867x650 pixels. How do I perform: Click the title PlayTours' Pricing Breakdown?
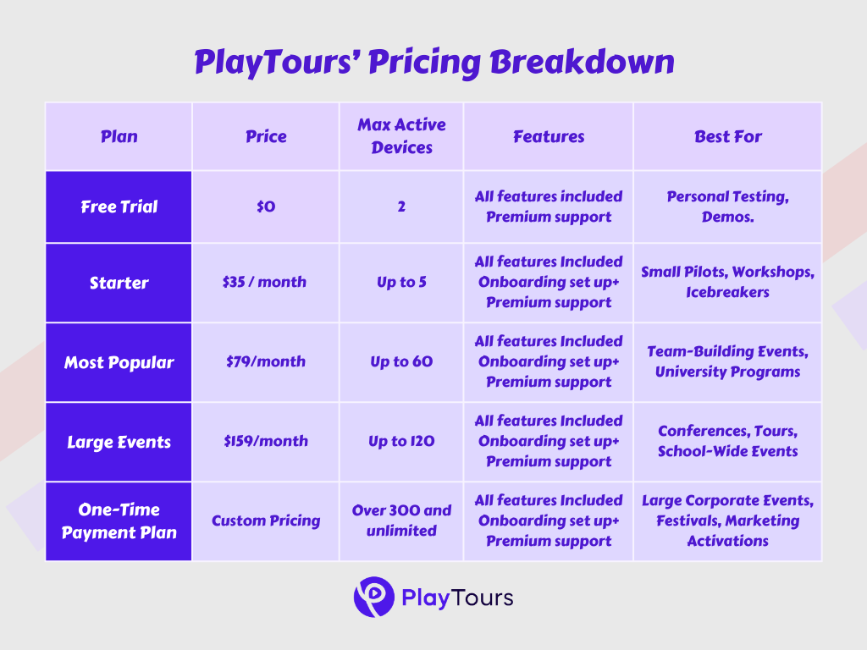(x=433, y=63)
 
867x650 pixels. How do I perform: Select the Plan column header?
(x=119, y=136)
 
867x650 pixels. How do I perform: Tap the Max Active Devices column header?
(x=401, y=136)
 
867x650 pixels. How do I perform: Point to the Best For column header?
(x=728, y=136)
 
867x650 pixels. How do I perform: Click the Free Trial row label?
(x=119, y=207)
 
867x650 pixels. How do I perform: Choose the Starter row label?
(x=119, y=283)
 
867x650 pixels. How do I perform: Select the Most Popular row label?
(x=119, y=362)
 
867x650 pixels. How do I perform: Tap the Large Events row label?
(x=119, y=442)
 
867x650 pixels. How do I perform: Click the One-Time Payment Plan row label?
(x=119, y=521)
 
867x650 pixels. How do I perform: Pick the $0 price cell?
(x=266, y=207)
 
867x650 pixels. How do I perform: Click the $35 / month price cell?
(x=266, y=283)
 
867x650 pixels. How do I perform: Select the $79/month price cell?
(x=266, y=362)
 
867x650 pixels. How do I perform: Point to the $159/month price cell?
(x=266, y=442)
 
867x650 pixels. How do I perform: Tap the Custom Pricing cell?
(x=266, y=521)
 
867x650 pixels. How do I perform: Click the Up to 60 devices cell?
(x=401, y=362)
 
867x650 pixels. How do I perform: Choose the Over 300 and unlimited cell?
(x=401, y=521)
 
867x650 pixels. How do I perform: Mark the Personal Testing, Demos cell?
(x=728, y=207)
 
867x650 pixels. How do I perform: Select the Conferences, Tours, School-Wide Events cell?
(x=728, y=442)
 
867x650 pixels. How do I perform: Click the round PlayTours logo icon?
(x=373, y=598)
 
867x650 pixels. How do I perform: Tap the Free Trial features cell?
(x=549, y=207)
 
